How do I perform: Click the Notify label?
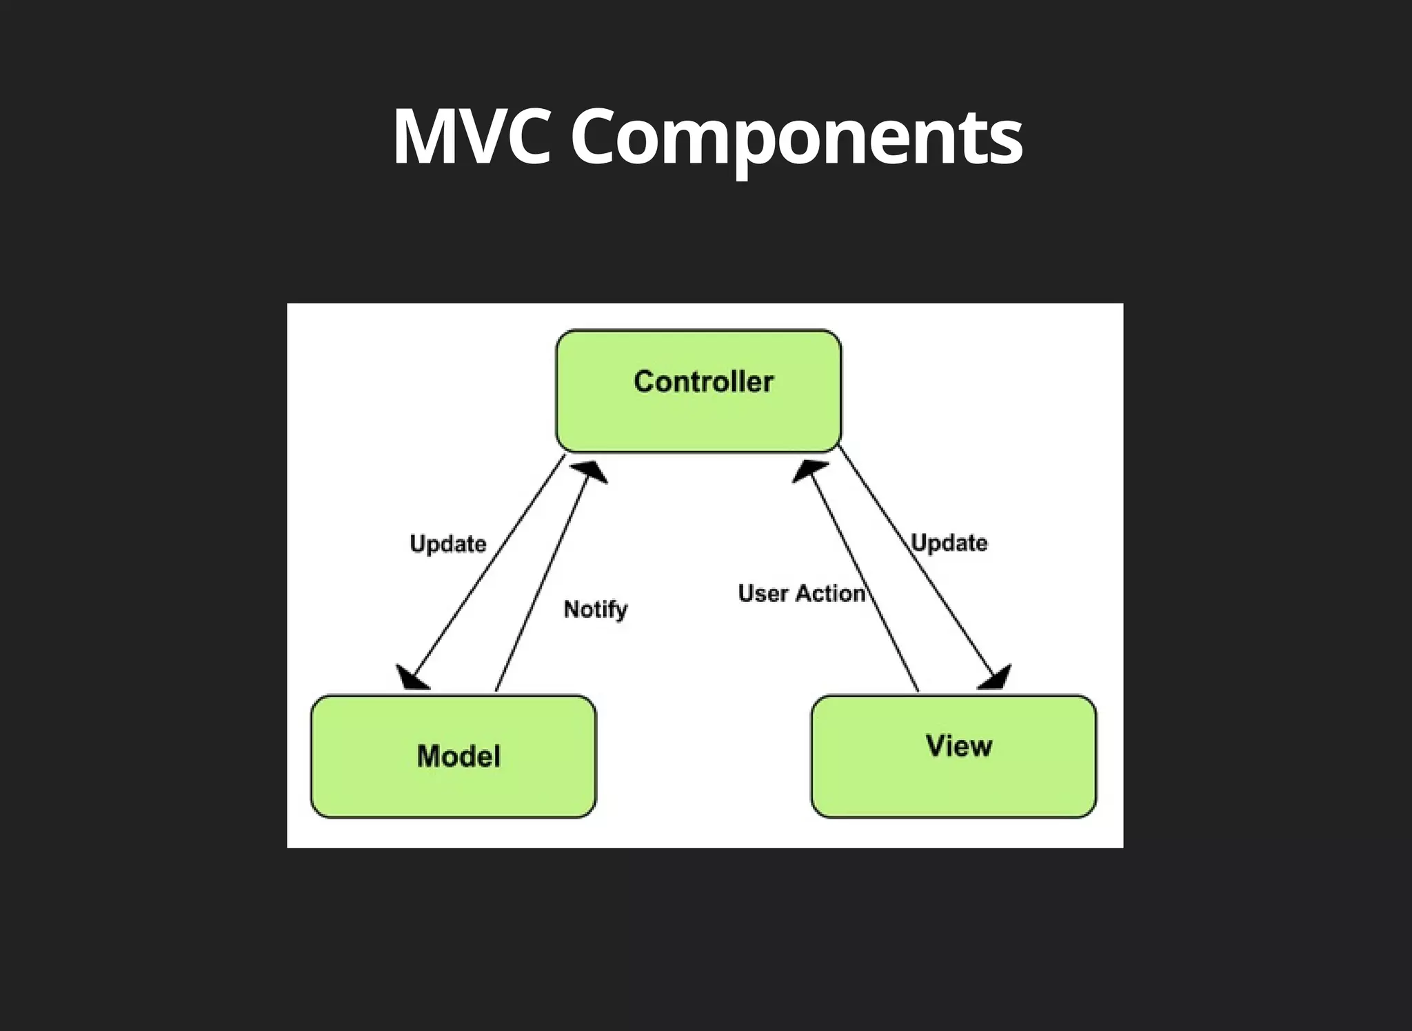click(x=596, y=609)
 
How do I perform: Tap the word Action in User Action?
click(x=830, y=593)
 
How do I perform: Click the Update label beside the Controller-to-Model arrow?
click(x=448, y=543)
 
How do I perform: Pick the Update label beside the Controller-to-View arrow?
click(x=949, y=543)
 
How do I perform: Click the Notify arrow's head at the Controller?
click(x=591, y=472)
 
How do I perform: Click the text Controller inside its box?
click(x=703, y=381)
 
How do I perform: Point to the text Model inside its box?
click(x=458, y=757)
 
